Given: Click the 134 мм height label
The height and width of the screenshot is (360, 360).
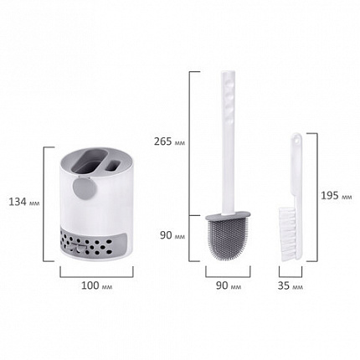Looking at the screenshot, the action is click(24, 202).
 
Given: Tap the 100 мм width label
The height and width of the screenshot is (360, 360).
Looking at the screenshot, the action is click(96, 285).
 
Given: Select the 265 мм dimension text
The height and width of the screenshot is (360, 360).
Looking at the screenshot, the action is click(169, 141).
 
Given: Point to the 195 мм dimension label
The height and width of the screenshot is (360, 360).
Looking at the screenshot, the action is click(336, 196).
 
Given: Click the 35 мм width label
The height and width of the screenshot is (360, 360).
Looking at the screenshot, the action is click(290, 285).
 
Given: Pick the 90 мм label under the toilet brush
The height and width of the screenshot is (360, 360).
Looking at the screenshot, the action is click(229, 285).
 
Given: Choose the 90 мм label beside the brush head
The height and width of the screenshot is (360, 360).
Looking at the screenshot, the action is click(172, 235).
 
